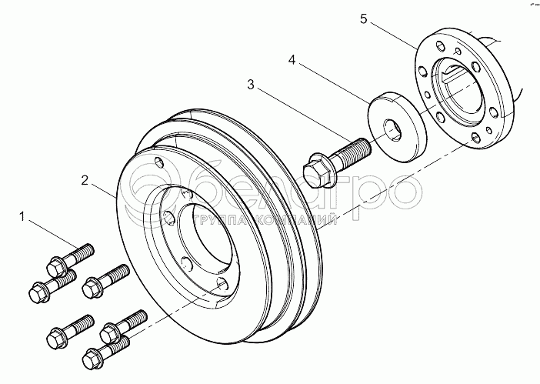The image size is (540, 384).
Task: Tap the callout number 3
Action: [252, 84]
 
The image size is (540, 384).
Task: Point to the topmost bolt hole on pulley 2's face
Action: [158, 162]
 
